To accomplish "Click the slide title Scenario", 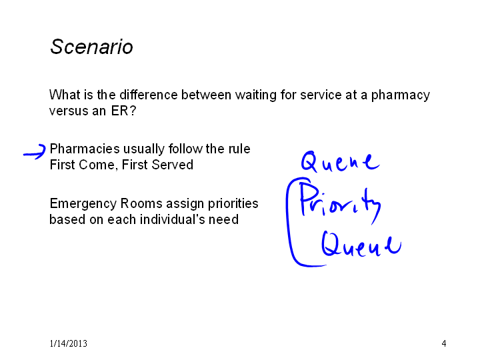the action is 91,47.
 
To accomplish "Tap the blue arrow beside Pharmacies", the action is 35,152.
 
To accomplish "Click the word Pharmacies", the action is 85,149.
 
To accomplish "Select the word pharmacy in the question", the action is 401,95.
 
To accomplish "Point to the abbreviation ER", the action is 120,111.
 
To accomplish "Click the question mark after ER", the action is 133,111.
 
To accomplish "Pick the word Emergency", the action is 83,204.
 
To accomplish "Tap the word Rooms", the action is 141,203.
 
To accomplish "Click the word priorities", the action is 233,204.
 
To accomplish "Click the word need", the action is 223,219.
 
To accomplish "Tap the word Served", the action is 173,165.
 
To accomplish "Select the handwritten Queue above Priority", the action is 340,161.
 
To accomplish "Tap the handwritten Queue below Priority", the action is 361,244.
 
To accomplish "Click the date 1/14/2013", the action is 69,343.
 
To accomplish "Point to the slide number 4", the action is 444,343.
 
